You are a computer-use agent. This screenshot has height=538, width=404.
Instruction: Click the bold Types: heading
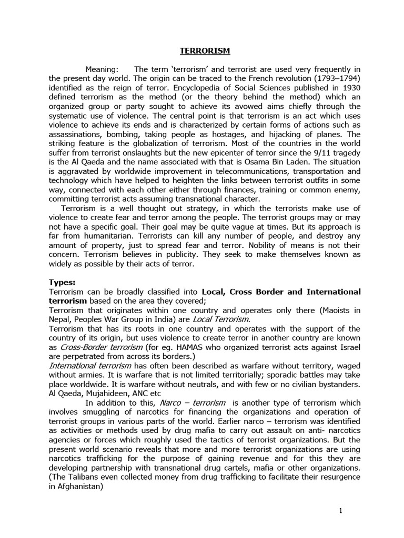[x=62, y=282]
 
